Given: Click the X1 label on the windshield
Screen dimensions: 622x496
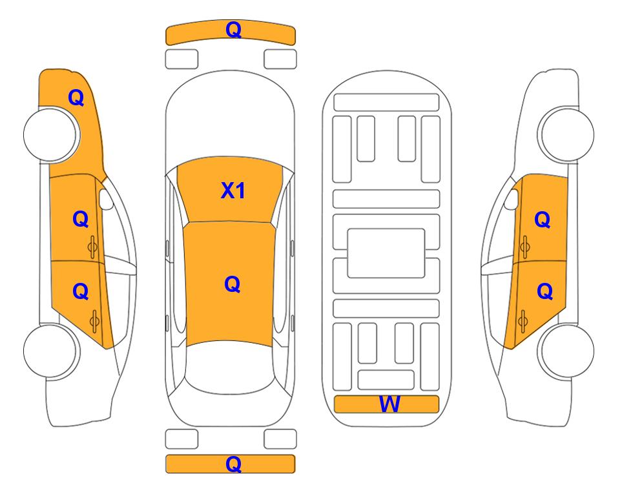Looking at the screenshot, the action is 233,191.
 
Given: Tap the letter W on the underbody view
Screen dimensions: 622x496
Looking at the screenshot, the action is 389,404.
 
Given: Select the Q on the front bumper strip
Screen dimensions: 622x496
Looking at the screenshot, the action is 233,30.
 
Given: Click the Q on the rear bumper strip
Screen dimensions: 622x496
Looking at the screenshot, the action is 233,464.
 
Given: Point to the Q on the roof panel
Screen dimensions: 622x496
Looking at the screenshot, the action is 232,284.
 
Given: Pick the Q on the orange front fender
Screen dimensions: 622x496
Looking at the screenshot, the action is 76,98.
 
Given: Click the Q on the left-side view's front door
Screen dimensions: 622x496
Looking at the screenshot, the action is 81,219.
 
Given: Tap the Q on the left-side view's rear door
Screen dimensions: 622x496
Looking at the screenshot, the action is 81,292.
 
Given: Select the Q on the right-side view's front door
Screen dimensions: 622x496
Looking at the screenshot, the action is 543,220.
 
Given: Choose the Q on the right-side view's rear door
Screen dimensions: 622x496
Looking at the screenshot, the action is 544,292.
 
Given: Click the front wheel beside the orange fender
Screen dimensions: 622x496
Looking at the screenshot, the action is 50,135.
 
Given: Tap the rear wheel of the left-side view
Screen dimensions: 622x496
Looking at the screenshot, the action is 50,351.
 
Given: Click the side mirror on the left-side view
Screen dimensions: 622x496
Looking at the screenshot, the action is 105,199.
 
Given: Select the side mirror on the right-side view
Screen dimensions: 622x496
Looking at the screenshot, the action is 512,199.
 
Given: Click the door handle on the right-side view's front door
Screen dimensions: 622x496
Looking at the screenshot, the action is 525,247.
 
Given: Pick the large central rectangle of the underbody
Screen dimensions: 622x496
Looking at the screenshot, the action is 386,253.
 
